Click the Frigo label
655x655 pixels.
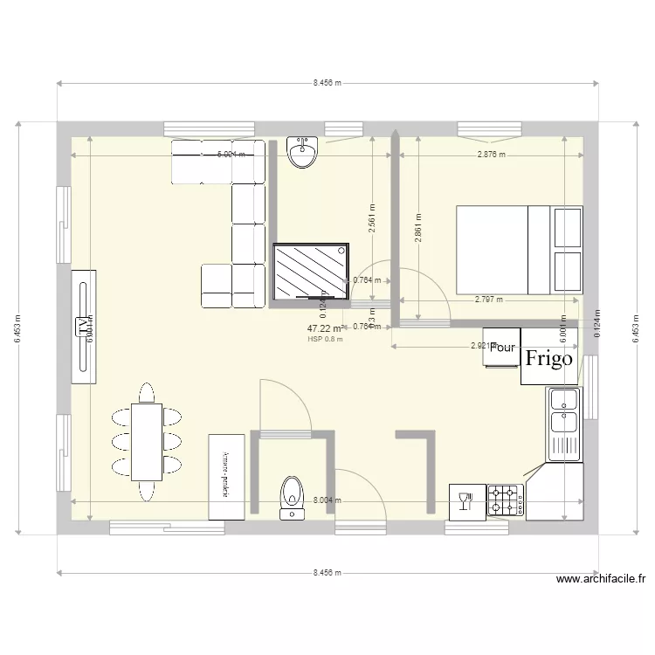[x=548, y=358]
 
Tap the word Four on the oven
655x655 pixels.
[x=502, y=347]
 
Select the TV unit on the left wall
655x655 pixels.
[x=84, y=326]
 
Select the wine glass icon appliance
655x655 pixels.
[x=465, y=501]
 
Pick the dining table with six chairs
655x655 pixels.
[x=147, y=441]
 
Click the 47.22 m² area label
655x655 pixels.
[x=324, y=329]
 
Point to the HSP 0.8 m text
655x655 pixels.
[x=325, y=340]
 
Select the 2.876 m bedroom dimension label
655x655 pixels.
[x=492, y=155]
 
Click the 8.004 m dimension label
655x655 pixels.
[x=327, y=500]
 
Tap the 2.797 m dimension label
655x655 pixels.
[x=489, y=300]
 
